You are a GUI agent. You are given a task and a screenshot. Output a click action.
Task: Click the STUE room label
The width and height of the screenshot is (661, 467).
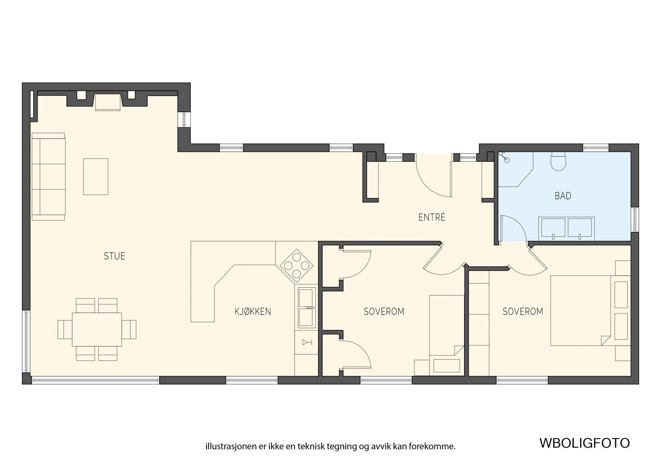pyautogui.click(x=114, y=256)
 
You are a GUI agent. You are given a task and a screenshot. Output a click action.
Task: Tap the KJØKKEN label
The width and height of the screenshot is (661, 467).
pyautogui.click(x=252, y=311)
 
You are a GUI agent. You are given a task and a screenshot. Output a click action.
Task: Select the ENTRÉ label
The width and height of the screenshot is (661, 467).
pyautogui.click(x=432, y=217)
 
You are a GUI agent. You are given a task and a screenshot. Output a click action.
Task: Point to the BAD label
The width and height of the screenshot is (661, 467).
pyautogui.click(x=563, y=196)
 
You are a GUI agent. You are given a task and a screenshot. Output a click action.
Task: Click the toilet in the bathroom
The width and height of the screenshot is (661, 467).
pyautogui.click(x=559, y=161)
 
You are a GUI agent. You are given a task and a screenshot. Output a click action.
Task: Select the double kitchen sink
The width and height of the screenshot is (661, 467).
pyautogui.click(x=306, y=308)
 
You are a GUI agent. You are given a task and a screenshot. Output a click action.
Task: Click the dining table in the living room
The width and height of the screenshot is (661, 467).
pyautogui.click(x=97, y=329)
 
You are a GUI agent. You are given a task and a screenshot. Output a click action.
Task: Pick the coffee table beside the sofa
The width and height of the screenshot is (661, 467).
pyautogui.click(x=95, y=176)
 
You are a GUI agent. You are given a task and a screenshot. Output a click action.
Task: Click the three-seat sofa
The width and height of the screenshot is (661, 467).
pyautogui.click(x=48, y=176)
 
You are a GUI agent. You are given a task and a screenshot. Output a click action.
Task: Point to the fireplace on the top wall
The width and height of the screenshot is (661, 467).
pyautogui.click(x=108, y=102)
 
